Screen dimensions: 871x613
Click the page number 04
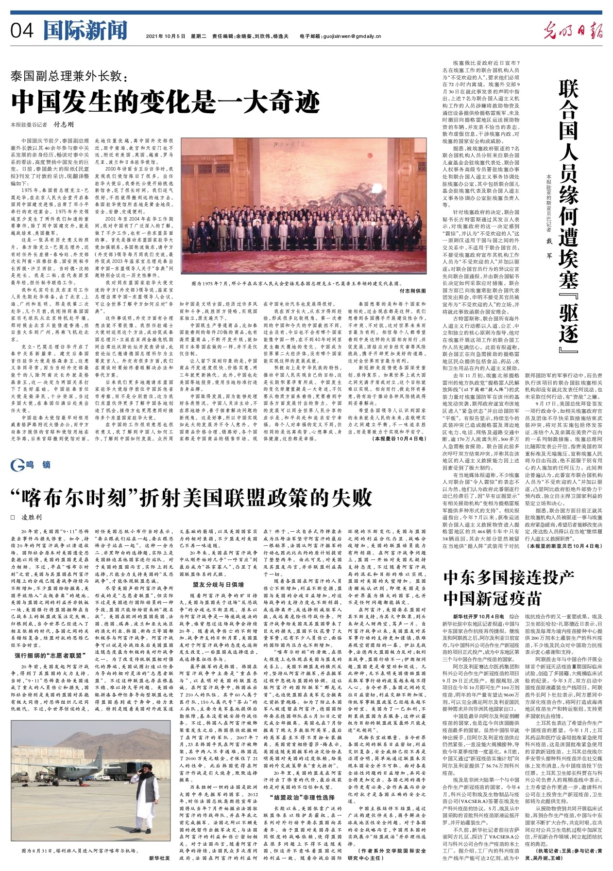pos(22,32)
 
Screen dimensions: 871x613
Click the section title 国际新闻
pos(85,31)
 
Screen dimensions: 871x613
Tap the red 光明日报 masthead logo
pos(573,32)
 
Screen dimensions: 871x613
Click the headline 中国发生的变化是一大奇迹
pos(166,101)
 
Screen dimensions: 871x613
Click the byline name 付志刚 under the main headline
pos(63,124)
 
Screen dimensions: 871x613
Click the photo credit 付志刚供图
pos(412,291)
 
